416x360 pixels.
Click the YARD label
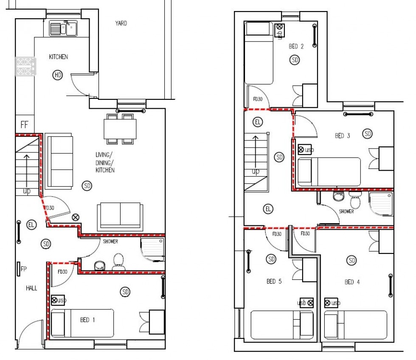(x=121, y=23)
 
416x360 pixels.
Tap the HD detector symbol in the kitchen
(x=57, y=76)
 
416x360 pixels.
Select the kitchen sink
(x=62, y=28)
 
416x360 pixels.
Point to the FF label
(x=24, y=125)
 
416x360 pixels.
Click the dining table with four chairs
(x=120, y=129)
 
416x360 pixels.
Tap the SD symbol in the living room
(x=87, y=186)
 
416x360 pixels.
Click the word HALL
(x=31, y=288)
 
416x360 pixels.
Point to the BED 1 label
(x=85, y=320)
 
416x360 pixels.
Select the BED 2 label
(x=296, y=47)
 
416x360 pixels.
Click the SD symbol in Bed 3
(x=368, y=134)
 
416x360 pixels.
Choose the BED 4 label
(x=352, y=282)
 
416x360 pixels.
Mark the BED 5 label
(x=274, y=281)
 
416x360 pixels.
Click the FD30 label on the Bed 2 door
(x=257, y=99)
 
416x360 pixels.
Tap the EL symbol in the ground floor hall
(x=31, y=224)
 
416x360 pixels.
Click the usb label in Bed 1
(x=62, y=300)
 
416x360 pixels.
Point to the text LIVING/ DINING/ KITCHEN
(x=104, y=162)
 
